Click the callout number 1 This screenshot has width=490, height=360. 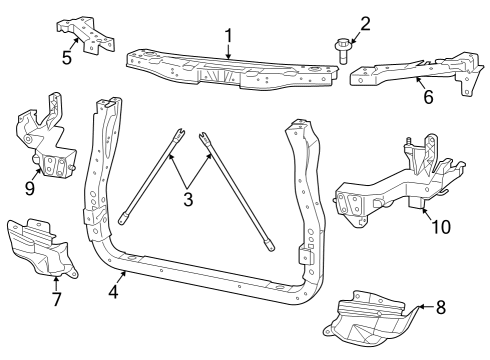point(228,38)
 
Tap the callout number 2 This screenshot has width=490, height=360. point(365,23)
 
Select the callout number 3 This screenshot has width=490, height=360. point(187,200)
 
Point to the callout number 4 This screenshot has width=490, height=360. point(113,292)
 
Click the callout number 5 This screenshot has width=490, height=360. point(67,58)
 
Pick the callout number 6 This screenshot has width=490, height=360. point(428,98)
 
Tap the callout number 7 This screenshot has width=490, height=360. point(56,298)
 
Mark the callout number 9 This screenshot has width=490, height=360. point(30,186)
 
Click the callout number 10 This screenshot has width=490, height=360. point(439,226)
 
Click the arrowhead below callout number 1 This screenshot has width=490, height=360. point(229,60)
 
